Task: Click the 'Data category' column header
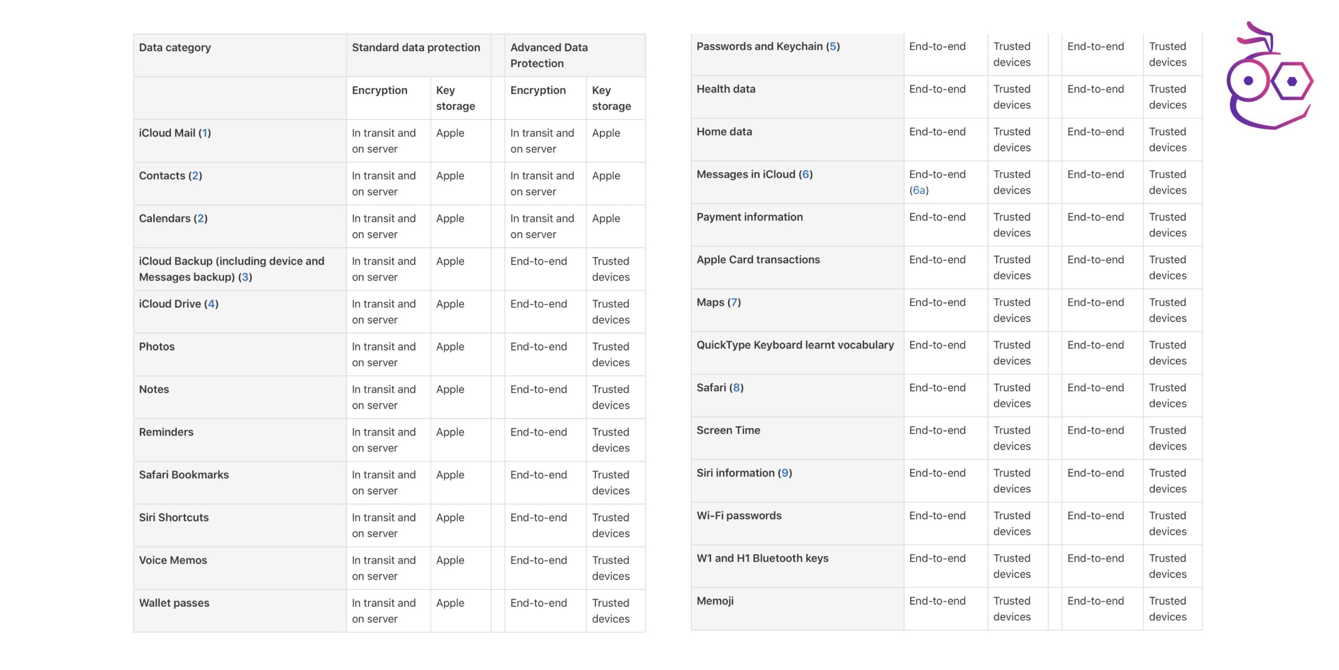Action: click(175, 48)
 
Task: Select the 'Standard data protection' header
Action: click(416, 48)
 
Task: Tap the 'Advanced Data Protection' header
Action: click(549, 55)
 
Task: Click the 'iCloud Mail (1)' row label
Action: click(175, 133)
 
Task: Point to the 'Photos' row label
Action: click(157, 347)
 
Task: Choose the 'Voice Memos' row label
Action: click(173, 560)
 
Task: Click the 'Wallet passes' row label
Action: click(174, 603)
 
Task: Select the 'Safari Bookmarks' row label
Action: click(184, 475)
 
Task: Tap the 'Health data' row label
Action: click(726, 89)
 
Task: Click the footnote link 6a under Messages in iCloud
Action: click(919, 191)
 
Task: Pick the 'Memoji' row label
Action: click(715, 601)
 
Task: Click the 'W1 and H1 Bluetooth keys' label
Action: click(763, 558)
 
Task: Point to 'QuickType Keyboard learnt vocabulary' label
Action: click(795, 345)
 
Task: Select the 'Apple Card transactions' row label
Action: click(758, 260)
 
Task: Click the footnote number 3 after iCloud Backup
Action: click(245, 277)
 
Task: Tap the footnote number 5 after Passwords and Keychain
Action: click(833, 47)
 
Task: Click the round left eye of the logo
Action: click(1249, 81)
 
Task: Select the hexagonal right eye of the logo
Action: click(1292, 81)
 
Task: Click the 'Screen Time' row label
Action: click(729, 430)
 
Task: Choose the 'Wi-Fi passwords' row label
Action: click(739, 516)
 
